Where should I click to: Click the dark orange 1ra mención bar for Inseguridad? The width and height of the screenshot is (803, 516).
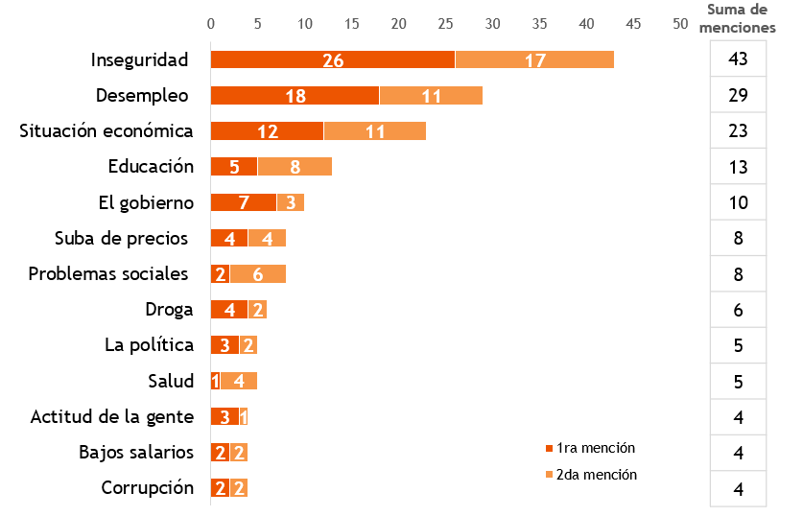(333, 59)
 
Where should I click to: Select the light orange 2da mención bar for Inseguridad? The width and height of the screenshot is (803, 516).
(534, 59)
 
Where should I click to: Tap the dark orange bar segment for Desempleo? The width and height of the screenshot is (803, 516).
(295, 96)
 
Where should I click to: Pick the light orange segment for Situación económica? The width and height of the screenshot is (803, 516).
(374, 131)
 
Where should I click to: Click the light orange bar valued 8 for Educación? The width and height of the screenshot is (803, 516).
(295, 167)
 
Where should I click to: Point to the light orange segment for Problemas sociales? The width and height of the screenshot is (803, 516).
(257, 274)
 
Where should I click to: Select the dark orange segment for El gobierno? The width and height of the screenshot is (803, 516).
(244, 202)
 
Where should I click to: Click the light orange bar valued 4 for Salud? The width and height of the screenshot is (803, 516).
(238, 382)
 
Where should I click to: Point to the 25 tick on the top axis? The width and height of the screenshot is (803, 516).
(446, 22)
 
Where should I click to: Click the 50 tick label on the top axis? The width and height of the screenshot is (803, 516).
(680, 22)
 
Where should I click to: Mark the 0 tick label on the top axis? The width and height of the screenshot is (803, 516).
(211, 22)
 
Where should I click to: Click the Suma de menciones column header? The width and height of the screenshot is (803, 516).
(737, 18)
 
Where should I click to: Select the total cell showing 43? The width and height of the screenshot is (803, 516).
(738, 59)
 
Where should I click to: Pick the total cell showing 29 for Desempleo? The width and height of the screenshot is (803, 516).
(738, 96)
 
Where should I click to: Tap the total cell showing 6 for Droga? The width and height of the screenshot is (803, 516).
(738, 310)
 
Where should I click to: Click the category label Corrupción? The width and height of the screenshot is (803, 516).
(148, 488)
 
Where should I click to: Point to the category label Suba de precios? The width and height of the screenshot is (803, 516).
(120, 239)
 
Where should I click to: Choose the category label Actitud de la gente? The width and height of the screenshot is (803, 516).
(112, 417)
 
